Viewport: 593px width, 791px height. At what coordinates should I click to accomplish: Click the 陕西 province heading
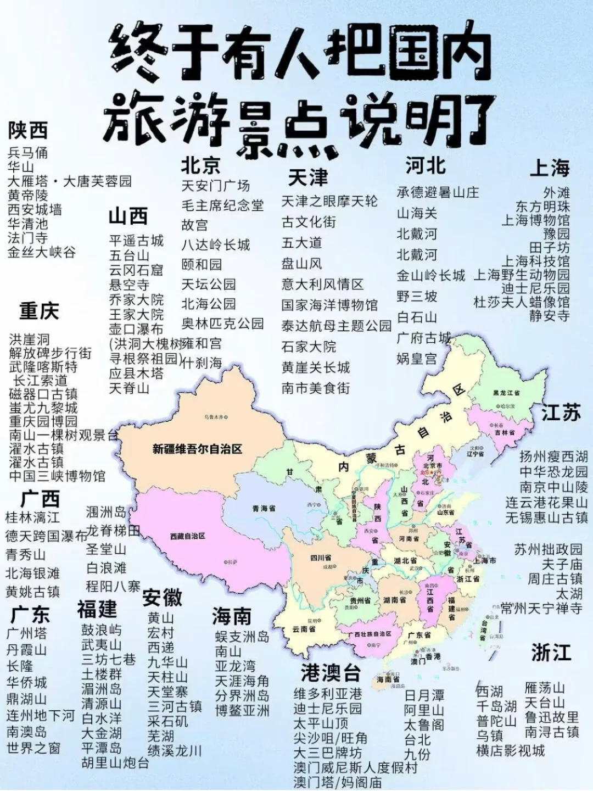(x=27, y=131)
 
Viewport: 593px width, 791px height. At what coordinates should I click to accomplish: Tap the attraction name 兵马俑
(x=27, y=153)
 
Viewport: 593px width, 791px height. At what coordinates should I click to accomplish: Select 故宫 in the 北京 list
(x=195, y=225)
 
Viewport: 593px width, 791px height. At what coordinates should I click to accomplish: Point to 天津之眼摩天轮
(x=329, y=201)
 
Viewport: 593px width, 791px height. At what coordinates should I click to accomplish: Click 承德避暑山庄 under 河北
(x=438, y=192)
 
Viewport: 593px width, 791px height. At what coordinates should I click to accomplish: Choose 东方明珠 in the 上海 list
(x=542, y=207)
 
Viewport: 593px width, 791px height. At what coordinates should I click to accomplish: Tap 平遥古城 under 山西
(x=136, y=241)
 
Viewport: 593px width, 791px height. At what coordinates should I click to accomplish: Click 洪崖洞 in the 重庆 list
(x=29, y=339)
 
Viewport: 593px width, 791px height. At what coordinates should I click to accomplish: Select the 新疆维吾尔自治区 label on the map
(x=197, y=449)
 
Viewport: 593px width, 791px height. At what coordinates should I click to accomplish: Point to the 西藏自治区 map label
(x=187, y=536)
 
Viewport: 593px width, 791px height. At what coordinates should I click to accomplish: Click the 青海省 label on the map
(x=264, y=509)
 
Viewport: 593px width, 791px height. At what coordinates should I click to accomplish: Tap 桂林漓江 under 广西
(x=32, y=517)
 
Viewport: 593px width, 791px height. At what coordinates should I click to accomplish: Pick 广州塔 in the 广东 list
(x=26, y=633)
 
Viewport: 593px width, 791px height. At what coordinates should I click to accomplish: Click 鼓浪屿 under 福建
(x=102, y=630)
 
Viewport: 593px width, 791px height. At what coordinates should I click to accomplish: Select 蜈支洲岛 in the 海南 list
(x=242, y=637)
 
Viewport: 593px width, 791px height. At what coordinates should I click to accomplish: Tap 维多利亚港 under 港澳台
(x=327, y=694)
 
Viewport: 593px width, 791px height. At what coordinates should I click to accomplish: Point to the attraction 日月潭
(x=424, y=695)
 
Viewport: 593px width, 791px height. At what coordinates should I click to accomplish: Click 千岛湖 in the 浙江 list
(x=496, y=706)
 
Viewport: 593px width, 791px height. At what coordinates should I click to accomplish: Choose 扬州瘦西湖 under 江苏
(x=553, y=456)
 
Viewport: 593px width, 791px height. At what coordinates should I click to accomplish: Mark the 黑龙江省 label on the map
(x=506, y=393)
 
